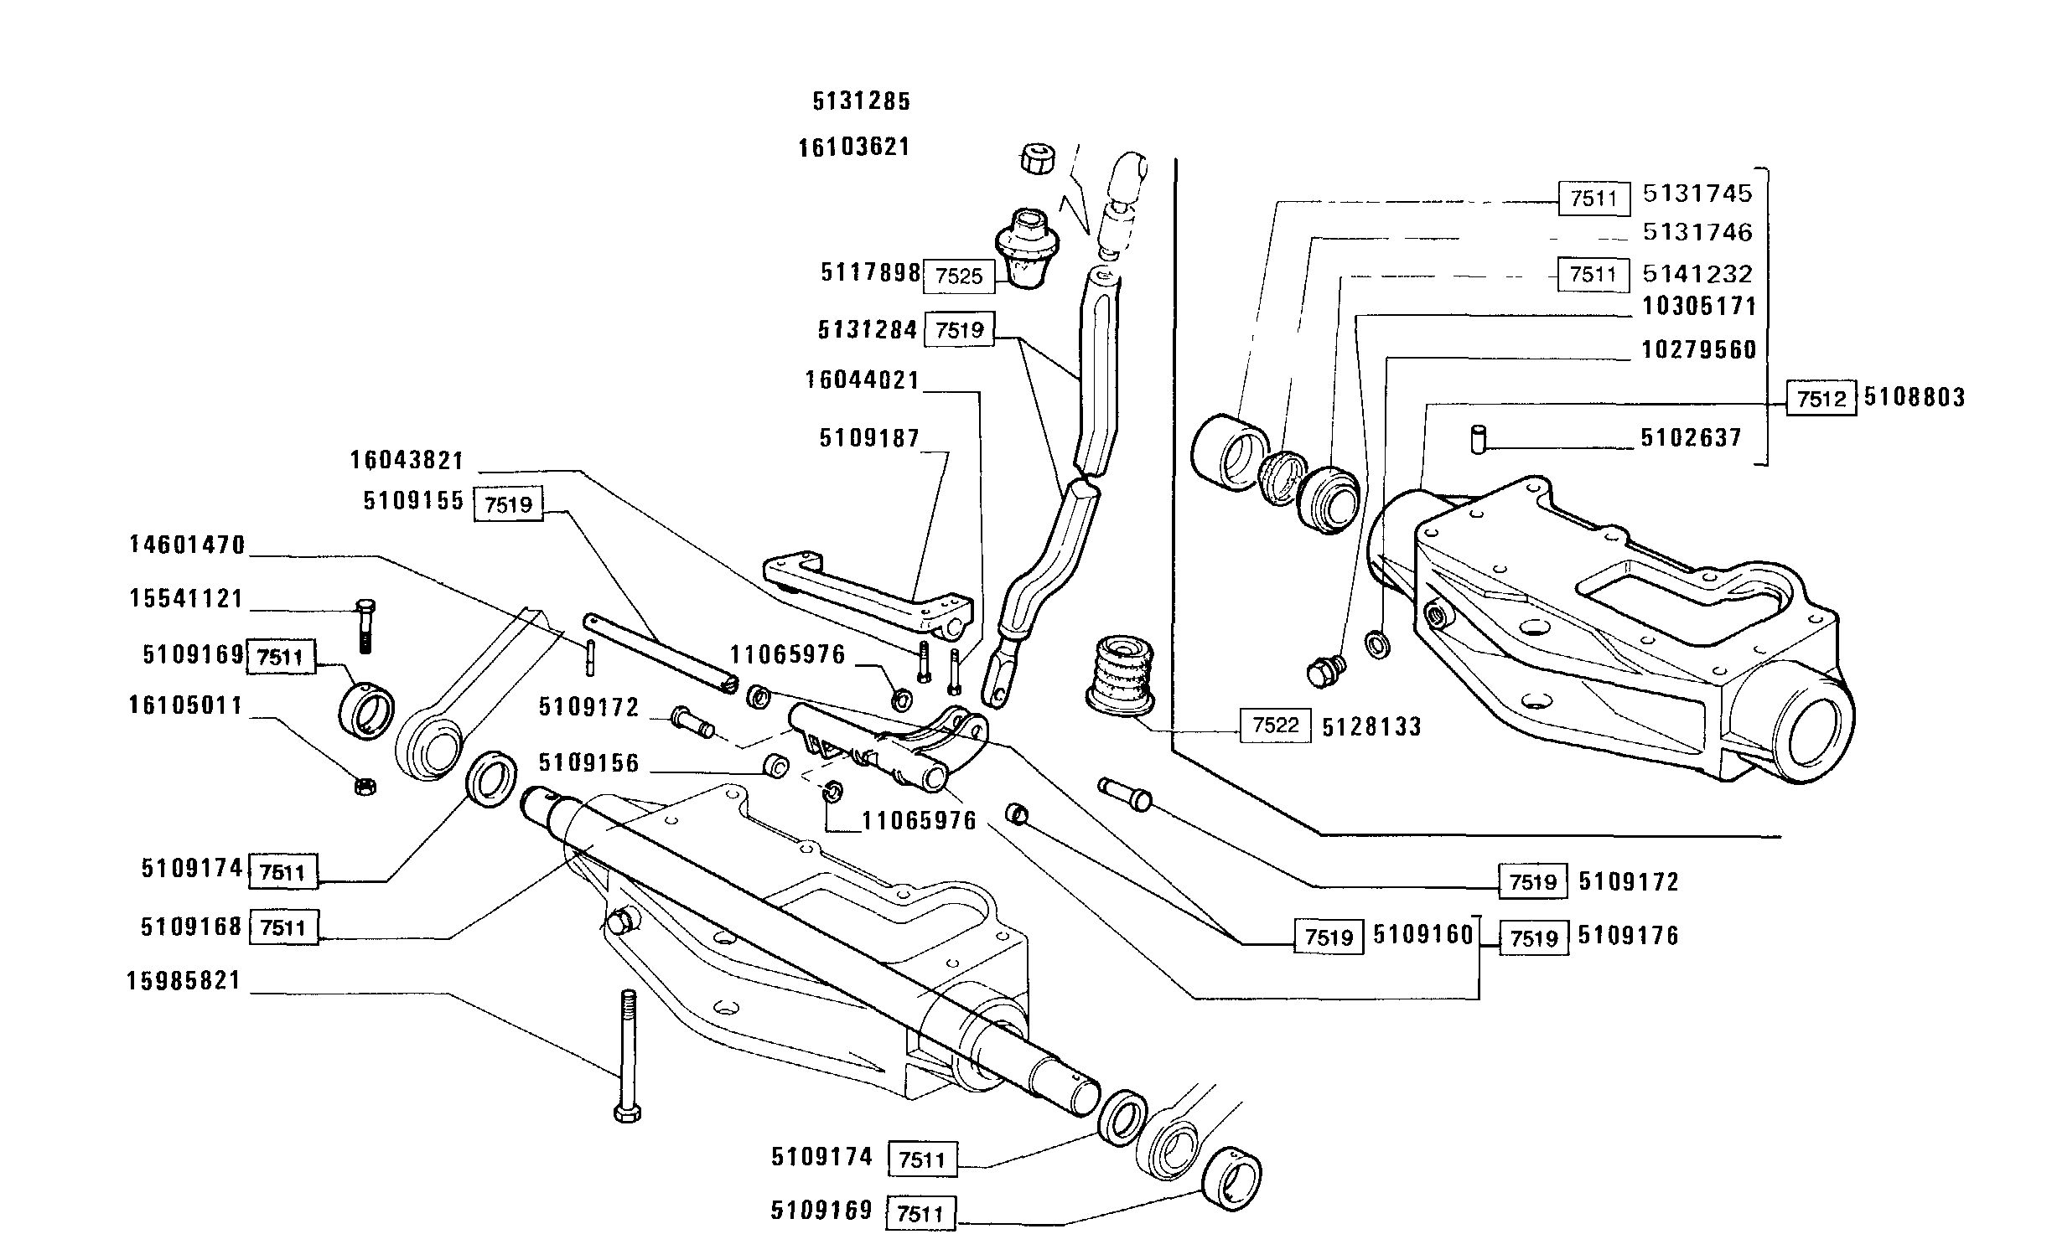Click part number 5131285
click(x=861, y=101)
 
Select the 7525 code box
click(x=958, y=276)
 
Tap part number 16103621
click(x=853, y=147)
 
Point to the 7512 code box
click(x=1821, y=399)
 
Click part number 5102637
click(x=1691, y=438)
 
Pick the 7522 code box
click(x=1274, y=726)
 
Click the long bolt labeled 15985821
click(x=628, y=1055)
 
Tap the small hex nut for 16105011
click(x=365, y=786)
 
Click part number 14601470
click(x=187, y=545)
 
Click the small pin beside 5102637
click(x=1479, y=438)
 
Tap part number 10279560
click(x=1698, y=349)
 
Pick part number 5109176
click(x=1628, y=936)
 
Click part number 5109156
click(x=588, y=763)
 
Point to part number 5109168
click(x=191, y=927)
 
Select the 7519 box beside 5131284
click(x=959, y=330)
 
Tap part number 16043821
click(x=407, y=461)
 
